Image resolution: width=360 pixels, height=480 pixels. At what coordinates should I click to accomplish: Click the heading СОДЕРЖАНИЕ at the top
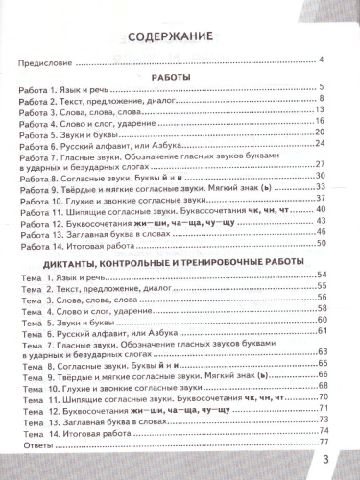point(176,38)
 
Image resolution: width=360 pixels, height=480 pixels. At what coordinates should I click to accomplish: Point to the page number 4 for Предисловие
point(320,62)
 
